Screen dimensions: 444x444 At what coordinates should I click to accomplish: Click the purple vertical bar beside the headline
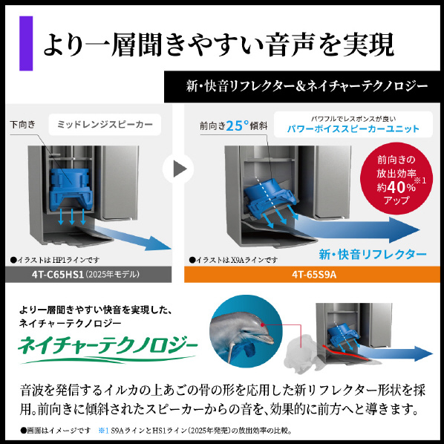point(26,43)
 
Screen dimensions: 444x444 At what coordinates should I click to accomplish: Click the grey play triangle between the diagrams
point(180,169)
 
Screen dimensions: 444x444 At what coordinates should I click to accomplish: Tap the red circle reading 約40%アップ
point(396,178)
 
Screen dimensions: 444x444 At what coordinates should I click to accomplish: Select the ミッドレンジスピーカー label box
point(105,124)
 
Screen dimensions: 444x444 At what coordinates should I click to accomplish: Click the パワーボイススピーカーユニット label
point(353,129)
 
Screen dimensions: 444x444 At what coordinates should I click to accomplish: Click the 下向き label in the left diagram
point(23,124)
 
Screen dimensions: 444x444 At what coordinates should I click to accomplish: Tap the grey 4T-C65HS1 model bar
point(88,275)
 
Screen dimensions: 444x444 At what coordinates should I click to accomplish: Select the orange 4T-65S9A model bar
point(312,275)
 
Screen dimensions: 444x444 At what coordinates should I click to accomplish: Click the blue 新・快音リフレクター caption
point(373,254)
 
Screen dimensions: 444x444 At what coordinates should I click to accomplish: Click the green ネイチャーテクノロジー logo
point(107,349)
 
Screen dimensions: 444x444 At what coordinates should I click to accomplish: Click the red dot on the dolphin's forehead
point(263,324)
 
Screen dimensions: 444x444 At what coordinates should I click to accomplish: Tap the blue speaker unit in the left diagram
point(71,189)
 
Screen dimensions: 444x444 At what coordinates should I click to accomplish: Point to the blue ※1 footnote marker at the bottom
point(103,431)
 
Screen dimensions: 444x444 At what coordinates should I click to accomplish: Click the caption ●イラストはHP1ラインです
point(55,260)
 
